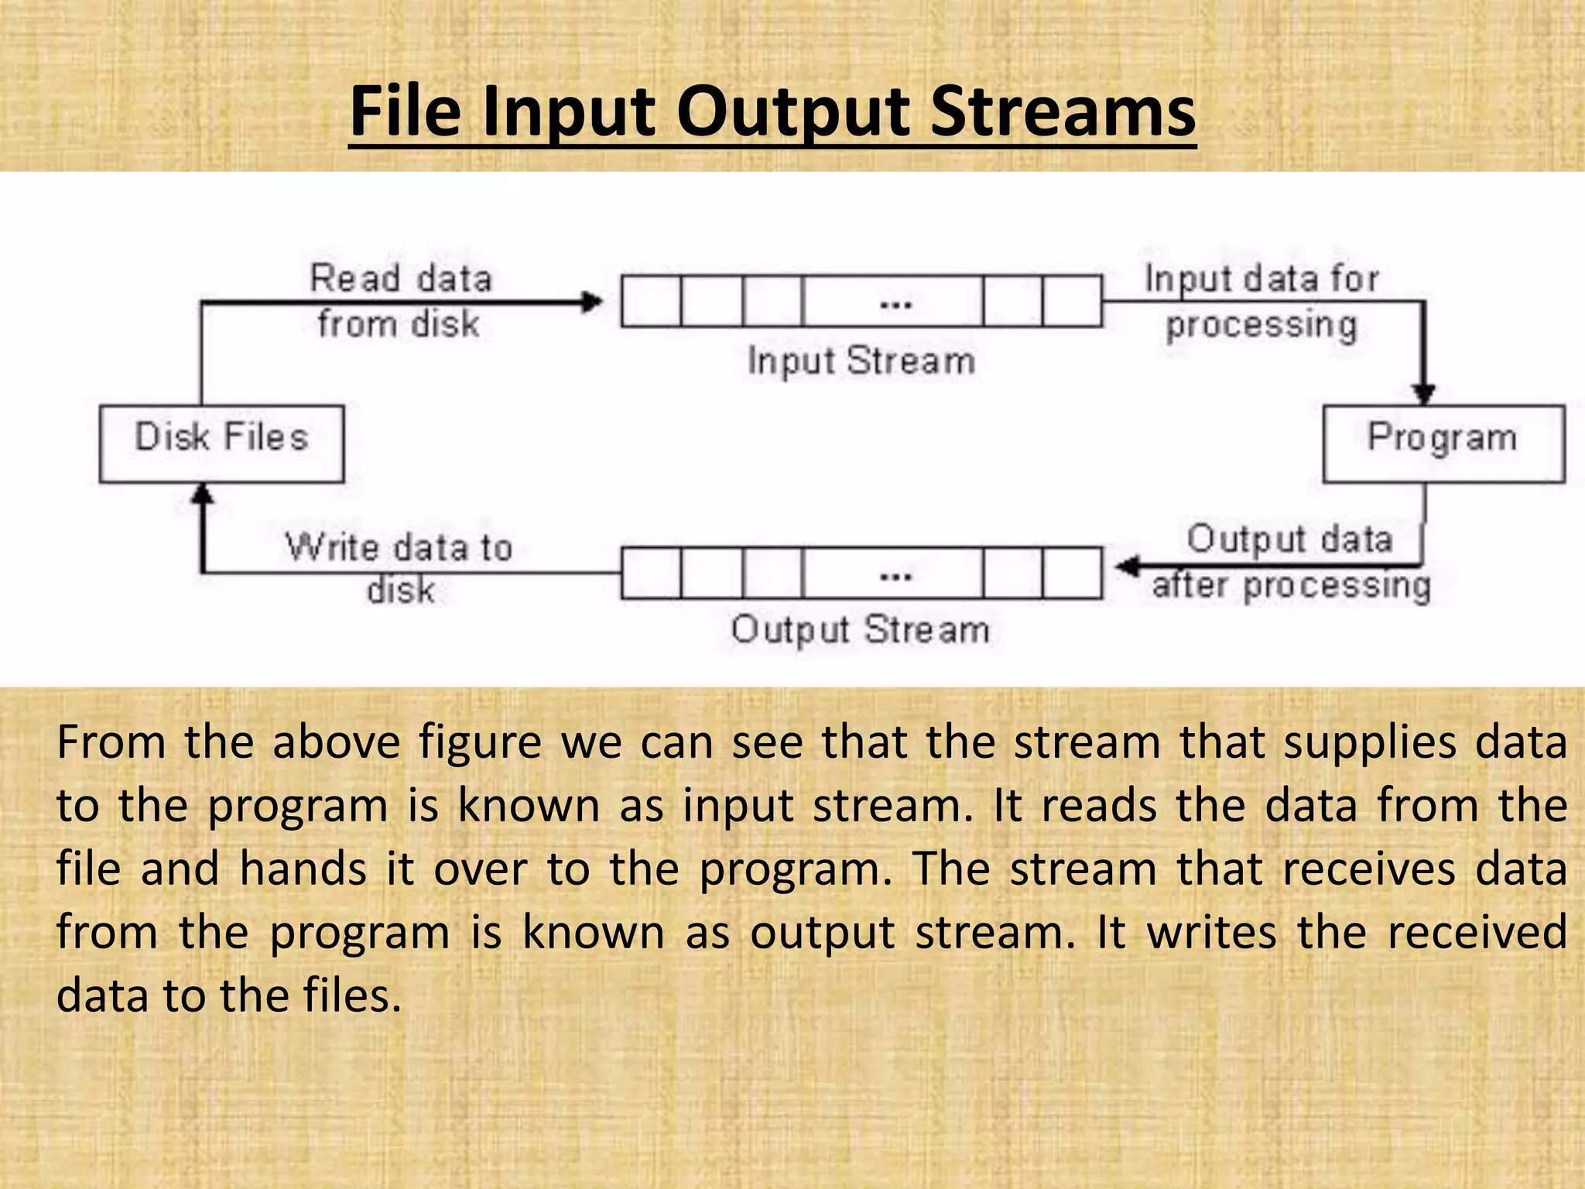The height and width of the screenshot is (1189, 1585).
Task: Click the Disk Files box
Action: [x=221, y=444]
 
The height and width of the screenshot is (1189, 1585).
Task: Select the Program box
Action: [x=1443, y=444]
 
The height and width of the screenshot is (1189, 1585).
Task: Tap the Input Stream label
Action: [x=861, y=361]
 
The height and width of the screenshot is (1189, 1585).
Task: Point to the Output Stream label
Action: [x=860, y=629]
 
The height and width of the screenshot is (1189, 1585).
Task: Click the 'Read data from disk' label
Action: [x=400, y=300]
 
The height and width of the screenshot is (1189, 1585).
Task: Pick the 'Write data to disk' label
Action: [x=399, y=567]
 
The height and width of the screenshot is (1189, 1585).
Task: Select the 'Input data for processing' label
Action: [x=1261, y=302]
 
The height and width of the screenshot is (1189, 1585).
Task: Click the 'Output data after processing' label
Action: [x=1290, y=562]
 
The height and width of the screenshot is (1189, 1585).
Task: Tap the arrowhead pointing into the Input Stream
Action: [x=593, y=301]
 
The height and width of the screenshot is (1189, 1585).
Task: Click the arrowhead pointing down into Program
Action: [x=1424, y=394]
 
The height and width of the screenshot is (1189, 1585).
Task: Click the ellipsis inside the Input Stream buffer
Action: [x=895, y=304]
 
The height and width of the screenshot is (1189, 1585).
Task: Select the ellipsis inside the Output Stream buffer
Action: [x=895, y=576]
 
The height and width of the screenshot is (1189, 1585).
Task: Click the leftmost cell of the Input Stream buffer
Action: [x=652, y=301]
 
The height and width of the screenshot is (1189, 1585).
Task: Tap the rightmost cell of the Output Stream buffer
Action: [x=1072, y=574]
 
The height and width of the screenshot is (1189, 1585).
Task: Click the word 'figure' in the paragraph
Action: [x=480, y=743]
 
